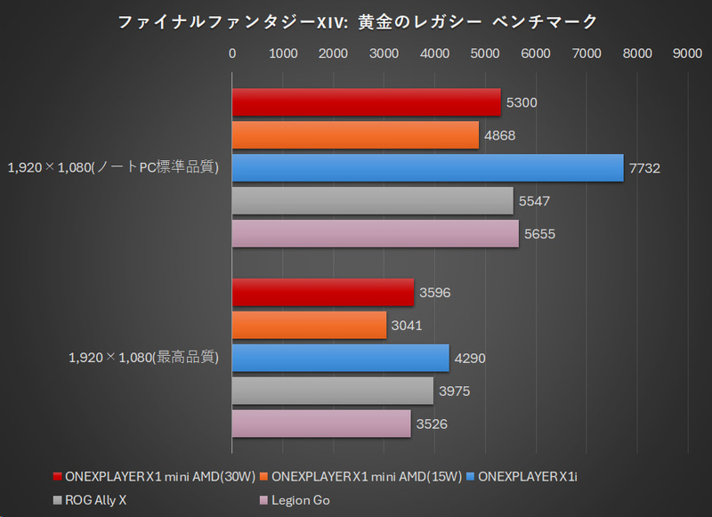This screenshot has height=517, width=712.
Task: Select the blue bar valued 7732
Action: click(x=427, y=167)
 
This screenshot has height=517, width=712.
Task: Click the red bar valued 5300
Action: click(x=366, y=102)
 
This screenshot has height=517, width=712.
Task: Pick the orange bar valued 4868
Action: click(x=355, y=135)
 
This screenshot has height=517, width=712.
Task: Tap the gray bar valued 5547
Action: click(x=372, y=200)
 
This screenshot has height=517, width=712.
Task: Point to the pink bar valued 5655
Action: click(x=375, y=233)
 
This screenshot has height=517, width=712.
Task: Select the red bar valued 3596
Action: click(x=323, y=292)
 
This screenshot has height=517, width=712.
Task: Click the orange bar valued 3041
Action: click(x=309, y=325)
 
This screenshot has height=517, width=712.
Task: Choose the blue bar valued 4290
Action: click(x=340, y=358)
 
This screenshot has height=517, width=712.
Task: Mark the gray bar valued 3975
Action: click(x=333, y=391)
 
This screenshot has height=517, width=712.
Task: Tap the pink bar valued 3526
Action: click(x=321, y=424)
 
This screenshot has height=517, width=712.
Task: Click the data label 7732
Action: click(x=645, y=168)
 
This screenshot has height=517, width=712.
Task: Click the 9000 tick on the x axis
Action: click(x=687, y=53)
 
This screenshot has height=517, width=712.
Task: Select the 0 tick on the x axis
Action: click(x=232, y=53)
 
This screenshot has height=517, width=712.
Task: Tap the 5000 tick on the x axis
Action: click(x=485, y=53)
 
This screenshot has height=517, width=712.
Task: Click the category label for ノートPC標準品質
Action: click(x=113, y=167)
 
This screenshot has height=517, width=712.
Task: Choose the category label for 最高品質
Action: click(x=144, y=358)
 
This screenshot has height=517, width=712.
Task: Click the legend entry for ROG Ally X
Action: click(x=96, y=500)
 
